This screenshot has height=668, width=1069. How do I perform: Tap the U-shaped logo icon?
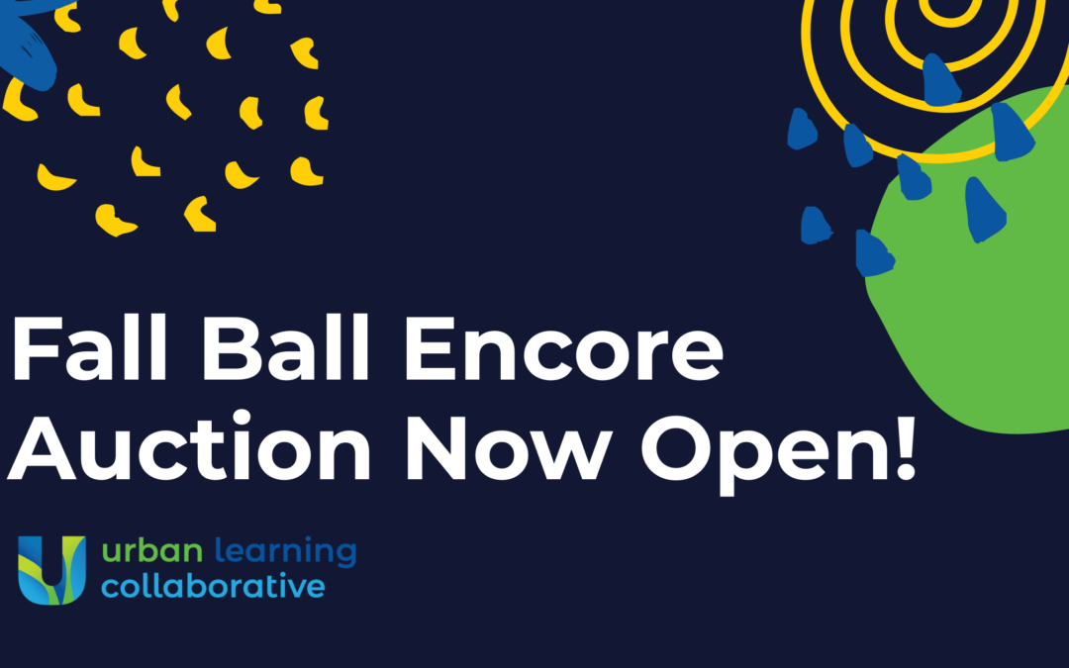click(x=51, y=570)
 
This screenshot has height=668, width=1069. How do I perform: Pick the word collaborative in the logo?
click(x=213, y=586)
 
